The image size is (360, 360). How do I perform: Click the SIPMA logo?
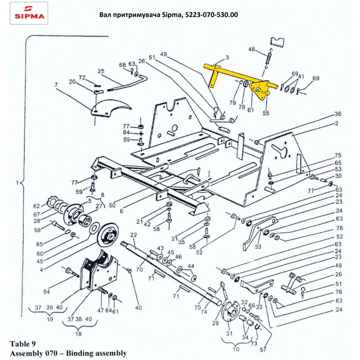pyautogui.click(x=29, y=13)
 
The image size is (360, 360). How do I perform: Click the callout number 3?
pyautogui.click(x=228, y=57)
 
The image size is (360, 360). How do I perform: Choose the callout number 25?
pyautogui.click(x=101, y=71)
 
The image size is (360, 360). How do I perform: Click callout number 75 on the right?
pyautogui.click(x=337, y=156)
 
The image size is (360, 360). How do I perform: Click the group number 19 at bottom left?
pyautogui.click(x=50, y=319)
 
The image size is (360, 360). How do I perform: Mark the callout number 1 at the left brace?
pyautogui.click(x=17, y=183)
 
